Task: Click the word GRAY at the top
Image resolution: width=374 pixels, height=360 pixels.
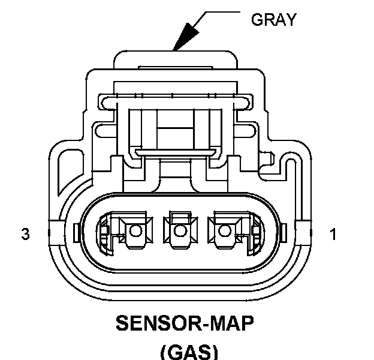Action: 273,20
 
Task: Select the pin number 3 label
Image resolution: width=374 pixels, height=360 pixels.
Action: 25,235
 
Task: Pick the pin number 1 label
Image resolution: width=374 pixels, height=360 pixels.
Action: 333,235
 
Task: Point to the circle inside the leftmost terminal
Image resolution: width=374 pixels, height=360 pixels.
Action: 135,230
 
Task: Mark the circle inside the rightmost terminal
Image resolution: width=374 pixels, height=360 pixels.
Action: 224,230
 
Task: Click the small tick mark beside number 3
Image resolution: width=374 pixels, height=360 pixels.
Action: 76,231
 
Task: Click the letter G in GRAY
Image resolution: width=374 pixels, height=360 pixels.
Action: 257,20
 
